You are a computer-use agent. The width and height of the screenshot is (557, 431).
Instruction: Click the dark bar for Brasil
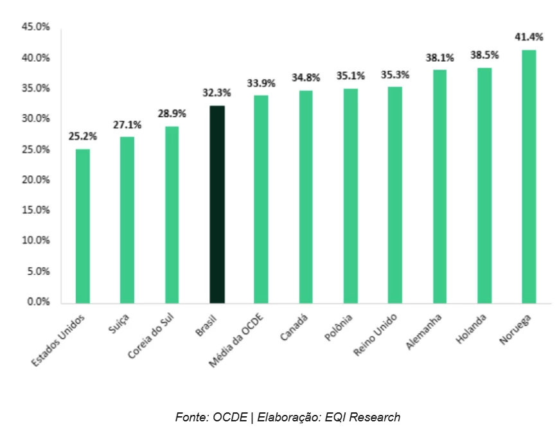[217, 204]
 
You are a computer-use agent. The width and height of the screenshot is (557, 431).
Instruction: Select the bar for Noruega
[529, 176]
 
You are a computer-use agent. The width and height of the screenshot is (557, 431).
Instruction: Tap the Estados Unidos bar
[83, 225]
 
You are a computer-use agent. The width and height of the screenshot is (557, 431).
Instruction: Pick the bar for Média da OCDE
[261, 199]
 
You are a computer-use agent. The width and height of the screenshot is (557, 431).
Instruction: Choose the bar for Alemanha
[439, 186]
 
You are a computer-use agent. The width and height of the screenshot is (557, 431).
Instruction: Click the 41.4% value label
[529, 37]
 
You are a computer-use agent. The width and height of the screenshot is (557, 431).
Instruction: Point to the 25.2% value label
[83, 136]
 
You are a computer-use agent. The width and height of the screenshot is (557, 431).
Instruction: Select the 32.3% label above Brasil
[217, 92]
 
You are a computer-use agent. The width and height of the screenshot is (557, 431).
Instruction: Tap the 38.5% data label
[484, 55]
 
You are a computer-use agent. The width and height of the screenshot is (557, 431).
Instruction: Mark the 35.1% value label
[350, 76]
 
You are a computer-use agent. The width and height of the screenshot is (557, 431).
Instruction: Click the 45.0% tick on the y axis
[36, 28]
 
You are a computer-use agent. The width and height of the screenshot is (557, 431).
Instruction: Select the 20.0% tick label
[36, 180]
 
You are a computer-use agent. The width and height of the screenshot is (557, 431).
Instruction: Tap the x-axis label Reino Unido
[376, 335]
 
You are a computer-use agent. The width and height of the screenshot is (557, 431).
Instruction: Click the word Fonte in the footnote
[190, 418]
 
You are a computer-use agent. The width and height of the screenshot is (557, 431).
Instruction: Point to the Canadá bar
[306, 197]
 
